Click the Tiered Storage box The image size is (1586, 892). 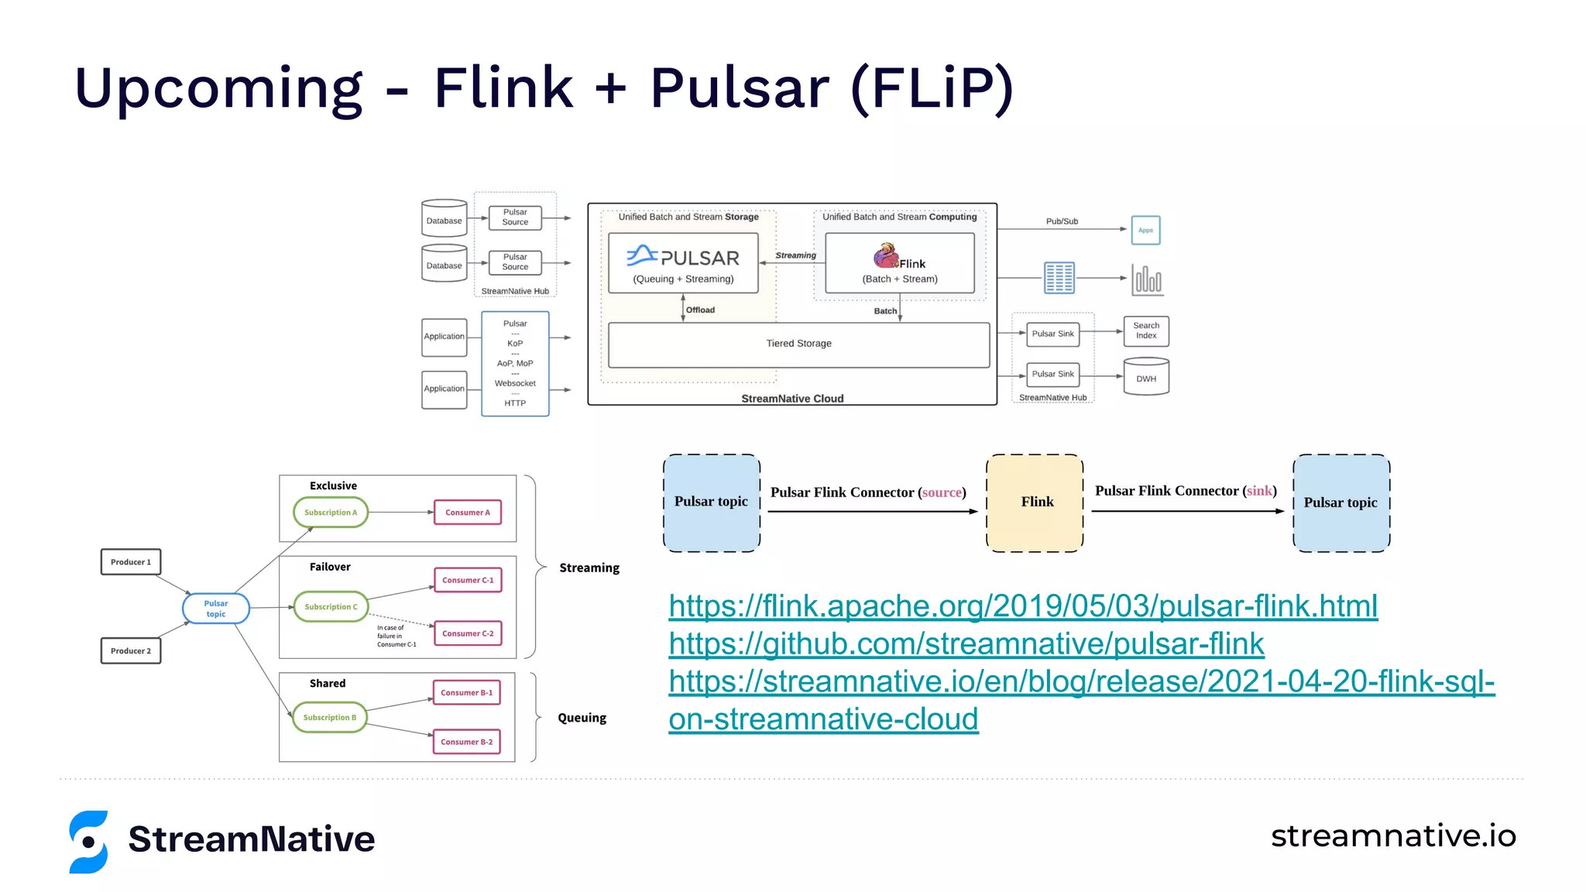point(798,344)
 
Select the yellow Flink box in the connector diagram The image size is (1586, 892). point(1035,503)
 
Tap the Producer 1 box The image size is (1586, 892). point(131,562)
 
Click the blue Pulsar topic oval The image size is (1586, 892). point(216,609)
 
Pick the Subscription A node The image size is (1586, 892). point(331,513)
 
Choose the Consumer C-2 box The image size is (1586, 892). point(468,633)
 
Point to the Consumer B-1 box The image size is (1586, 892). point(466,693)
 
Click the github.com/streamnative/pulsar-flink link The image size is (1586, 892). point(966,644)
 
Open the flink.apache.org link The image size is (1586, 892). point(1022,606)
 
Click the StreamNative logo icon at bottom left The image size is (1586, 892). point(88,842)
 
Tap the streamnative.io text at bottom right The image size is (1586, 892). point(1392,836)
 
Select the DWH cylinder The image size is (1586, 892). point(1146,377)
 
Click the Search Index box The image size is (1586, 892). point(1146,331)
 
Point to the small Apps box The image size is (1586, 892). point(1145,230)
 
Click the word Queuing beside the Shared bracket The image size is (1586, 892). point(582,718)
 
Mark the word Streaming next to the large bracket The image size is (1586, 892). point(589,568)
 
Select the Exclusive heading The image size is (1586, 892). point(333,486)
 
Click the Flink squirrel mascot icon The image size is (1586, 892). point(885,256)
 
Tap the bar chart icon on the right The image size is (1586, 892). point(1147,279)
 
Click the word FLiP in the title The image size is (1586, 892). point(932,87)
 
